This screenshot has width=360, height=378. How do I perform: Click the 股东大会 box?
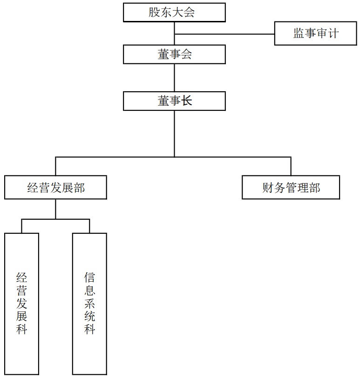pyautogui.click(x=174, y=12)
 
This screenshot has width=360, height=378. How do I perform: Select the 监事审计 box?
pyautogui.click(x=315, y=33)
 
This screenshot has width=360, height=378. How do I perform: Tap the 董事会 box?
pyautogui.click(x=174, y=54)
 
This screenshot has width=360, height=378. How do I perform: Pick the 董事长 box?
pyautogui.click(x=174, y=101)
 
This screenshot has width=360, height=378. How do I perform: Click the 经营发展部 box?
pyautogui.click(x=55, y=187)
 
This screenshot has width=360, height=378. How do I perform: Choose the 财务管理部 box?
pyautogui.click(x=291, y=187)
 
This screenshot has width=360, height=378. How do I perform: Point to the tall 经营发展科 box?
pyautogui.click(x=21, y=304)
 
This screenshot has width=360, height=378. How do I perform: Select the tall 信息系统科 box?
pyautogui.click(x=89, y=304)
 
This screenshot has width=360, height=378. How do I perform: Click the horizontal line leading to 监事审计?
pyautogui.click(x=224, y=34)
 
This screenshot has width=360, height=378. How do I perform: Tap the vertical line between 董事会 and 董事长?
pyautogui.click(x=174, y=78)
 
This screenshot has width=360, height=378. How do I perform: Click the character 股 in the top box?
pyautogui.click(x=154, y=12)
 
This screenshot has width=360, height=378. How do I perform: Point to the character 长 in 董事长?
pyautogui.click(x=186, y=101)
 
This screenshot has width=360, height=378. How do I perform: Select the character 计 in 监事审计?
pyautogui.click(x=333, y=33)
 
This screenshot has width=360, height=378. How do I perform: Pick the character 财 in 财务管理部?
pyautogui.click(x=268, y=188)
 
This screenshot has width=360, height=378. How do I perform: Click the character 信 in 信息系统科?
pyautogui.click(x=89, y=277)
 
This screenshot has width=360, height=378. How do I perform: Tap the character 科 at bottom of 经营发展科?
pyautogui.click(x=21, y=329)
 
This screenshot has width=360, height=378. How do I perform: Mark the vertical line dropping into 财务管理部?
pyautogui.click(x=291, y=166)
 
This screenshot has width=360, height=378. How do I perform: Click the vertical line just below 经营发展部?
pyautogui.click(x=55, y=209)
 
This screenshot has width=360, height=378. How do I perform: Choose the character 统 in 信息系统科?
pyautogui.click(x=89, y=316)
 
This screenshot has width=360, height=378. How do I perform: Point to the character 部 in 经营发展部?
pyautogui.click(x=79, y=188)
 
